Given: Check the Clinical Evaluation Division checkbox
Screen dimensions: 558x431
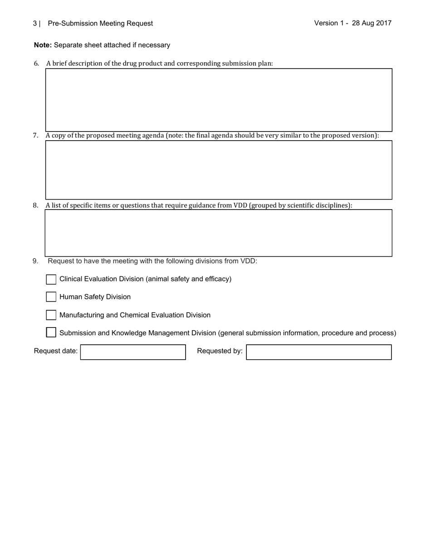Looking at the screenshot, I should tap(51, 279).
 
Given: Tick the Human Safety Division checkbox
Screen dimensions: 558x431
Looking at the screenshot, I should tap(51, 297).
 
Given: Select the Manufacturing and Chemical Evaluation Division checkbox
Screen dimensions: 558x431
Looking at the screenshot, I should tap(51, 315).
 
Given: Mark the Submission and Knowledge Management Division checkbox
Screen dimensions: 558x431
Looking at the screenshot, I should tap(51, 333).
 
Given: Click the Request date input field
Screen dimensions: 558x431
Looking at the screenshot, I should tap(133, 352).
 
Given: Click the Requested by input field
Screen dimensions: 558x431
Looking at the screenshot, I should tap(318, 352).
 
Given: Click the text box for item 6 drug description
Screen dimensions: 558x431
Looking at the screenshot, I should tap(219, 100).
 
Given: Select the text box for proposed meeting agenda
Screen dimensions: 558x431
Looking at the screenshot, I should tap(219, 170).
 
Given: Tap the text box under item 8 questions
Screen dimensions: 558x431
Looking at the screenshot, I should tap(219, 233).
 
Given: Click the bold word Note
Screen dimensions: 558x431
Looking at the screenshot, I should tap(43, 45).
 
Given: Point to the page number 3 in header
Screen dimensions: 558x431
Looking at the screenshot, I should tap(35, 24).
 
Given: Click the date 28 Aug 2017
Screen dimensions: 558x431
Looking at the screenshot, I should tap(371, 23).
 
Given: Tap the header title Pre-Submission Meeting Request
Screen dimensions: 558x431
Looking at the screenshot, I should tap(100, 24).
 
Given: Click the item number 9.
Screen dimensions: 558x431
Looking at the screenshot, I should tap(35, 261).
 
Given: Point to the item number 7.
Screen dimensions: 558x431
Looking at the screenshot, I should tap(35, 136).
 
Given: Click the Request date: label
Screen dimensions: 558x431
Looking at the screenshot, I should tap(56, 351).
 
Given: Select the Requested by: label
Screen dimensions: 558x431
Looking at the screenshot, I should tap(220, 351).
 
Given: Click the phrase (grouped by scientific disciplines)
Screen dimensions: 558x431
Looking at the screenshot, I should tap(301, 206).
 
